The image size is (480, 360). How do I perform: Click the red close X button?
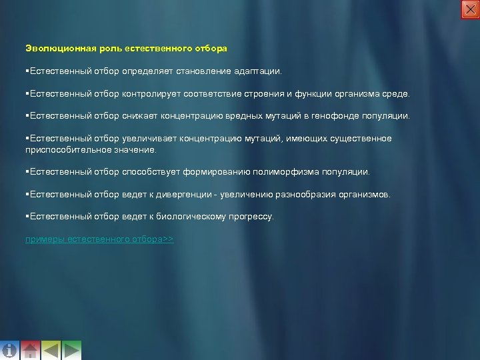point(470,9)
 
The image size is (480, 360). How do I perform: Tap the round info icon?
point(9,350)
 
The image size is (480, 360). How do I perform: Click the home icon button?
point(30,350)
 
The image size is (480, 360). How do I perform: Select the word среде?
point(399,95)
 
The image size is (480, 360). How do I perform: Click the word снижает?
point(139,117)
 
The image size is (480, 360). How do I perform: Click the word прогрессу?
point(250,217)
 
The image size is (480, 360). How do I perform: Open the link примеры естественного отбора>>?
point(99,239)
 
